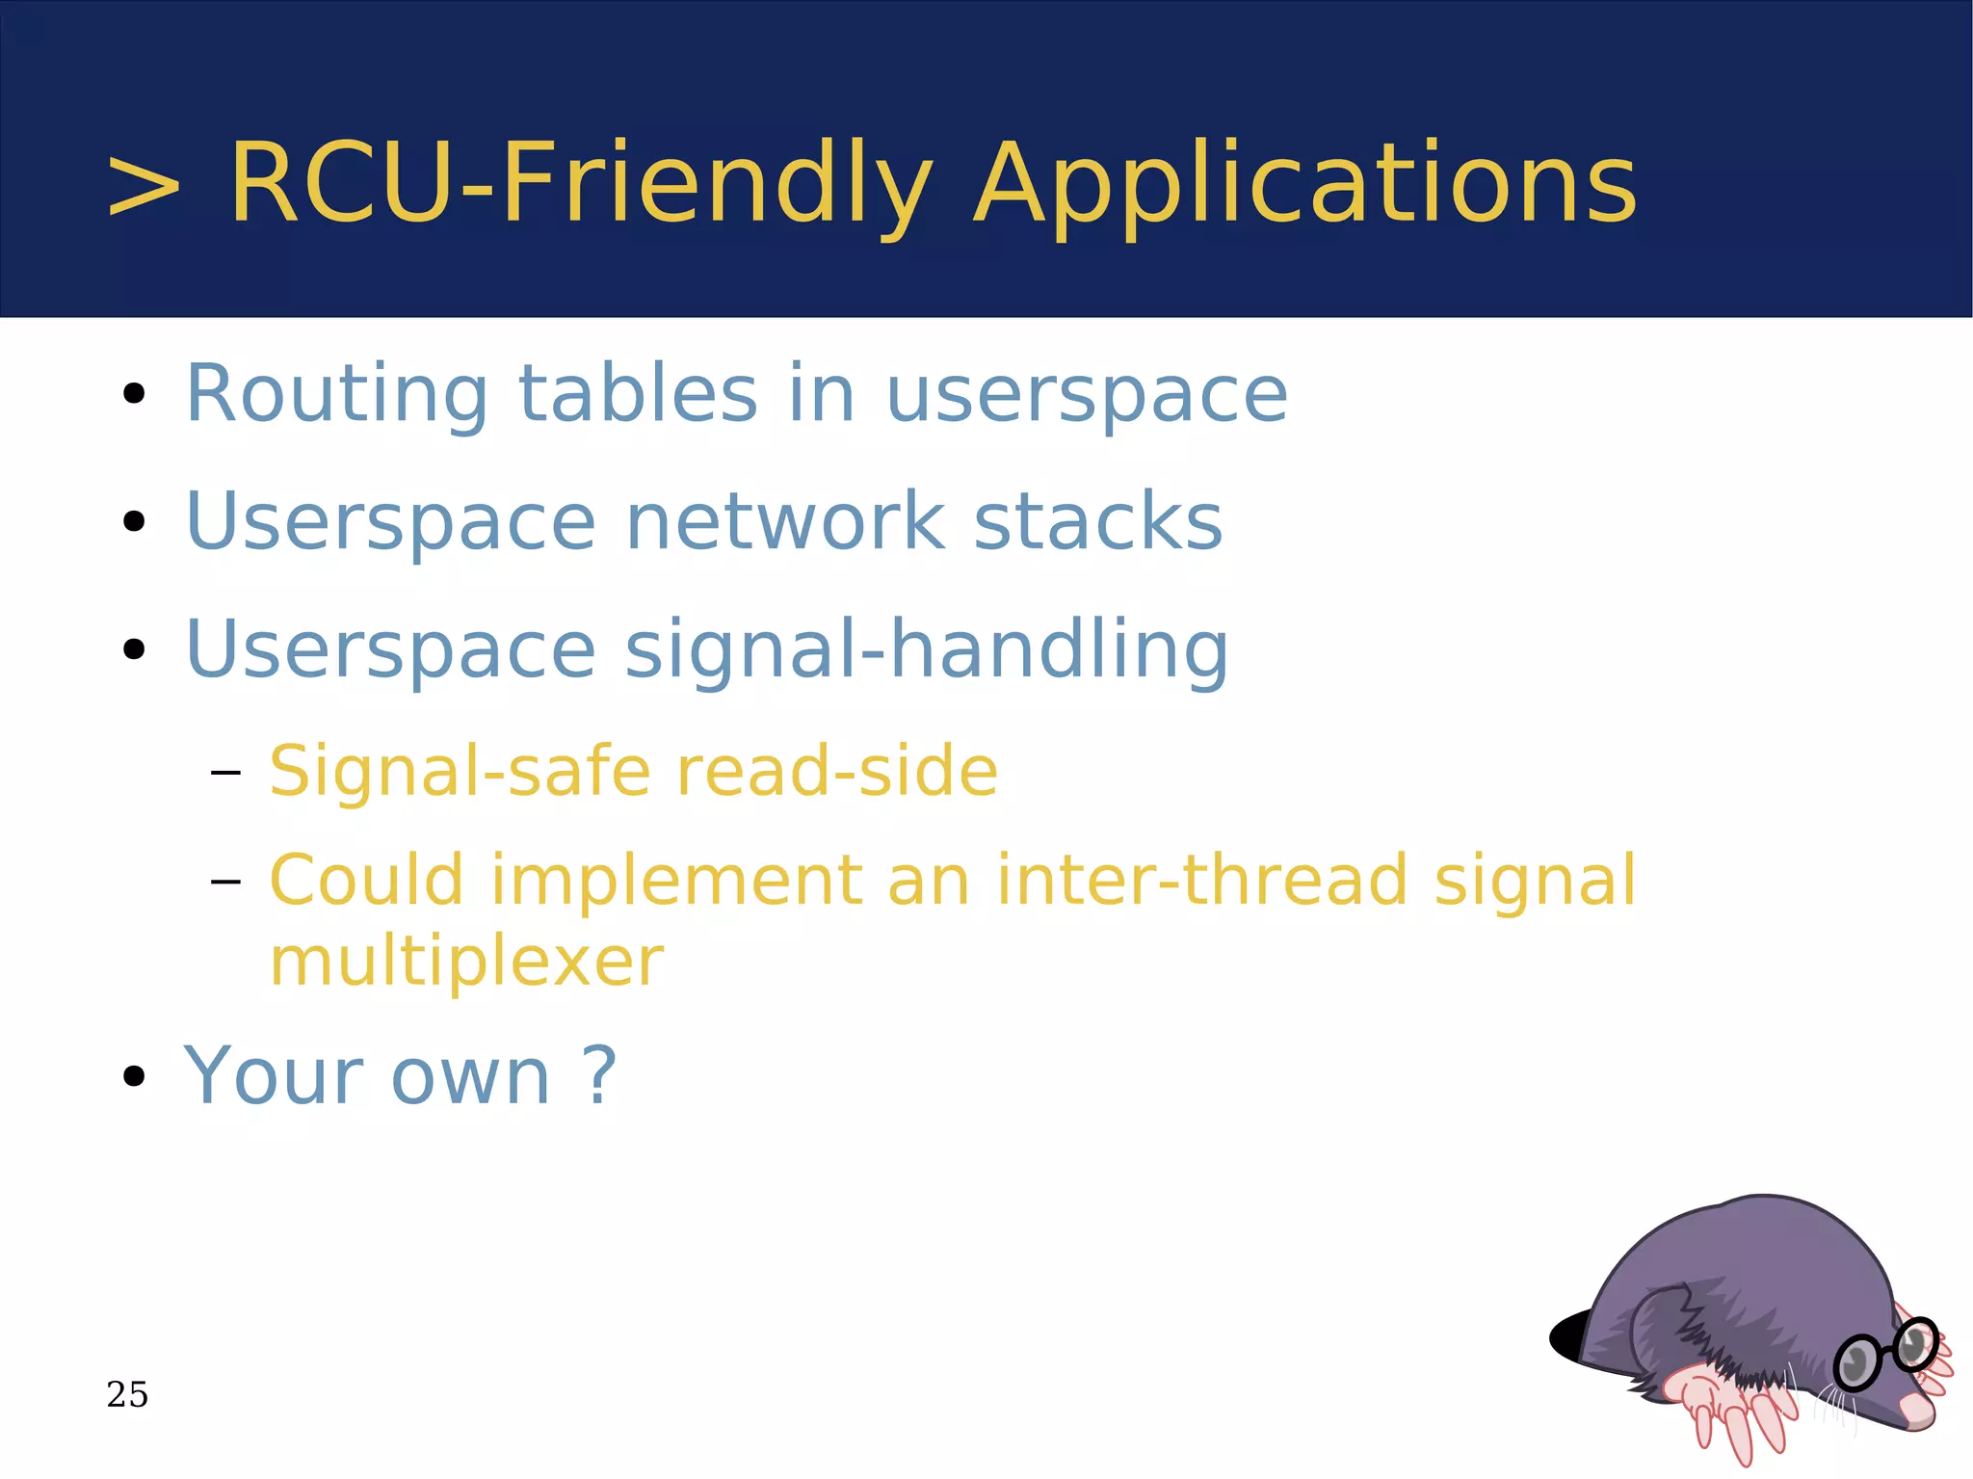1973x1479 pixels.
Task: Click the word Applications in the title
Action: point(1304,185)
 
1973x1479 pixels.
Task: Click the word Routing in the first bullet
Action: point(337,395)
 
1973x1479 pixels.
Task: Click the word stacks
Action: point(1097,521)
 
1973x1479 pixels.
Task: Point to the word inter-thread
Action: point(1201,881)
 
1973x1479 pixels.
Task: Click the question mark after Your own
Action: point(599,1075)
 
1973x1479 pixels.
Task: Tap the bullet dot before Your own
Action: point(134,1076)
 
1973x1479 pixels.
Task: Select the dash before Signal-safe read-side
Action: point(224,772)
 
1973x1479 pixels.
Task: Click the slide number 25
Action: point(127,1394)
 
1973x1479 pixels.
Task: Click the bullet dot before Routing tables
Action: point(134,394)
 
